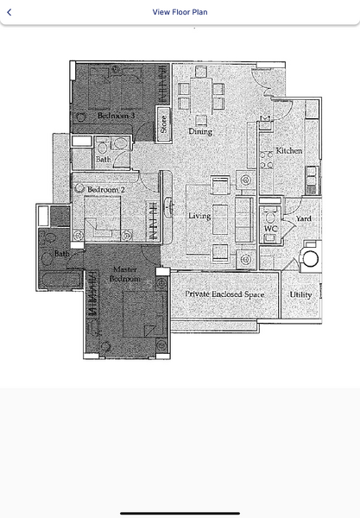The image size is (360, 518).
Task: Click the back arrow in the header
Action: [x=9, y=12]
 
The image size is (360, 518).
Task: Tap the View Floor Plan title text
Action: [x=180, y=12]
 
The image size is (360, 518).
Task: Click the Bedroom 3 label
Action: [x=116, y=115]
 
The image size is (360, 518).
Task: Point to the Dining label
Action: [x=200, y=132]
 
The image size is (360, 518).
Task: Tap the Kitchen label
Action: [x=288, y=151]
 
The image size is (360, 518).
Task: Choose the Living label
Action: [x=199, y=215]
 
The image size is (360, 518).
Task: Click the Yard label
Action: [x=303, y=219]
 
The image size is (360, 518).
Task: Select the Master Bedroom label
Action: [x=126, y=275]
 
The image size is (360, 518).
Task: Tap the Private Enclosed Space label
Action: [x=224, y=294]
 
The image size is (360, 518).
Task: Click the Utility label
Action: [x=300, y=294]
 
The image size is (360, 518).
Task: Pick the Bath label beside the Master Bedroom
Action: [x=61, y=254]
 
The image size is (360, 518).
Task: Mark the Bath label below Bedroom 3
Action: [x=103, y=159]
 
